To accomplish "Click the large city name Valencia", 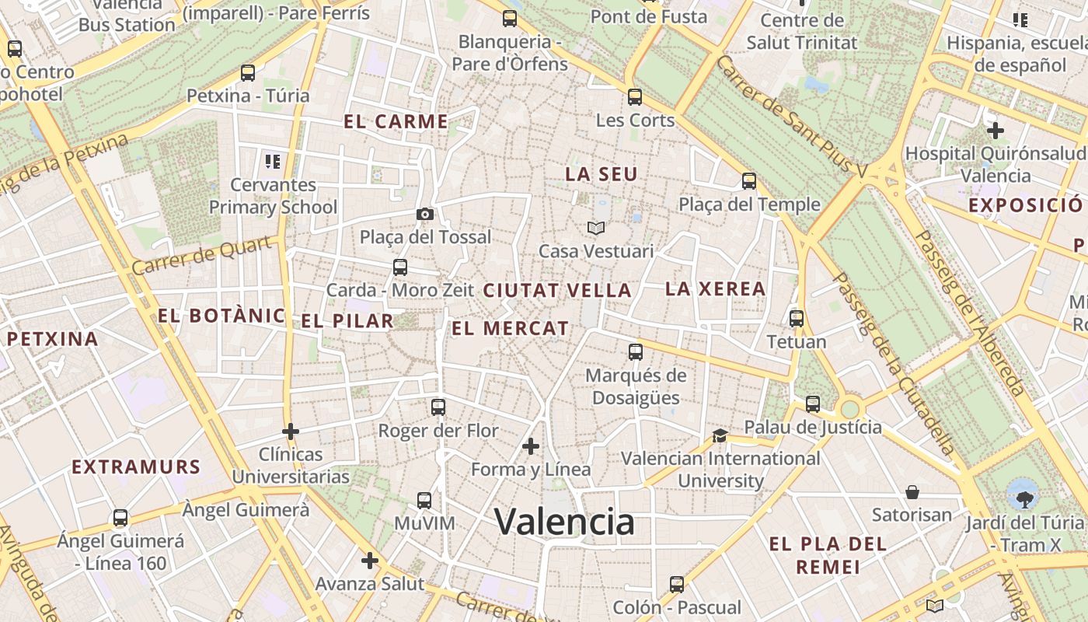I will pos(564,522).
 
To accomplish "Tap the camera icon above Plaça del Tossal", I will pos(425,214).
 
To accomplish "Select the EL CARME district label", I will pos(396,122).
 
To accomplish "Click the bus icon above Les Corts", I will pos(635,97).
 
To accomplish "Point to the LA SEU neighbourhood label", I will pos(602,175).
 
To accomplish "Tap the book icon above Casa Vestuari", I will pos(596,228).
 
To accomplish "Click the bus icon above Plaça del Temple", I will pos(749,181).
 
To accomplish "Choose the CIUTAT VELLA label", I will pos(557,291).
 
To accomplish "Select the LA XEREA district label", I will pos(716,289).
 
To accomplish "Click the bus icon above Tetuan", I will pos(797,318).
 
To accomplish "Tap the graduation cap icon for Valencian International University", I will pos(720,435).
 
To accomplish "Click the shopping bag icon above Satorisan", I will pos(912,491).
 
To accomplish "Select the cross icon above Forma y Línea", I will pos(531,446).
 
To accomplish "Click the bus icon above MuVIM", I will pos(424,500).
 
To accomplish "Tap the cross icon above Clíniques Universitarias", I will pos(291,431).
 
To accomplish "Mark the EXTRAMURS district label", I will pos(136,467).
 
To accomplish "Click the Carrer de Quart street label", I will pos(204,256).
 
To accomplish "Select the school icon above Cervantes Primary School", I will pos(272,162).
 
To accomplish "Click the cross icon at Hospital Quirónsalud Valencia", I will pos(995,130).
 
